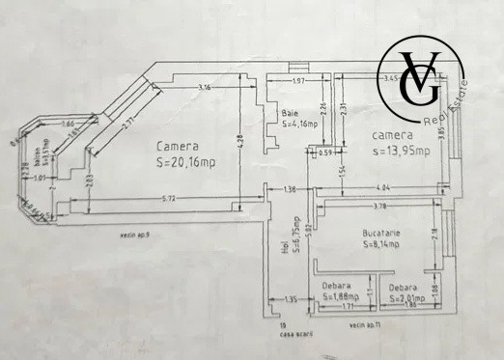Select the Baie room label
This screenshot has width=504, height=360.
[x=291, y=112]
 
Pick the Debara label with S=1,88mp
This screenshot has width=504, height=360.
[x=340, y=297]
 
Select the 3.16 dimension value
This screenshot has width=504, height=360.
[x=204, y=89]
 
